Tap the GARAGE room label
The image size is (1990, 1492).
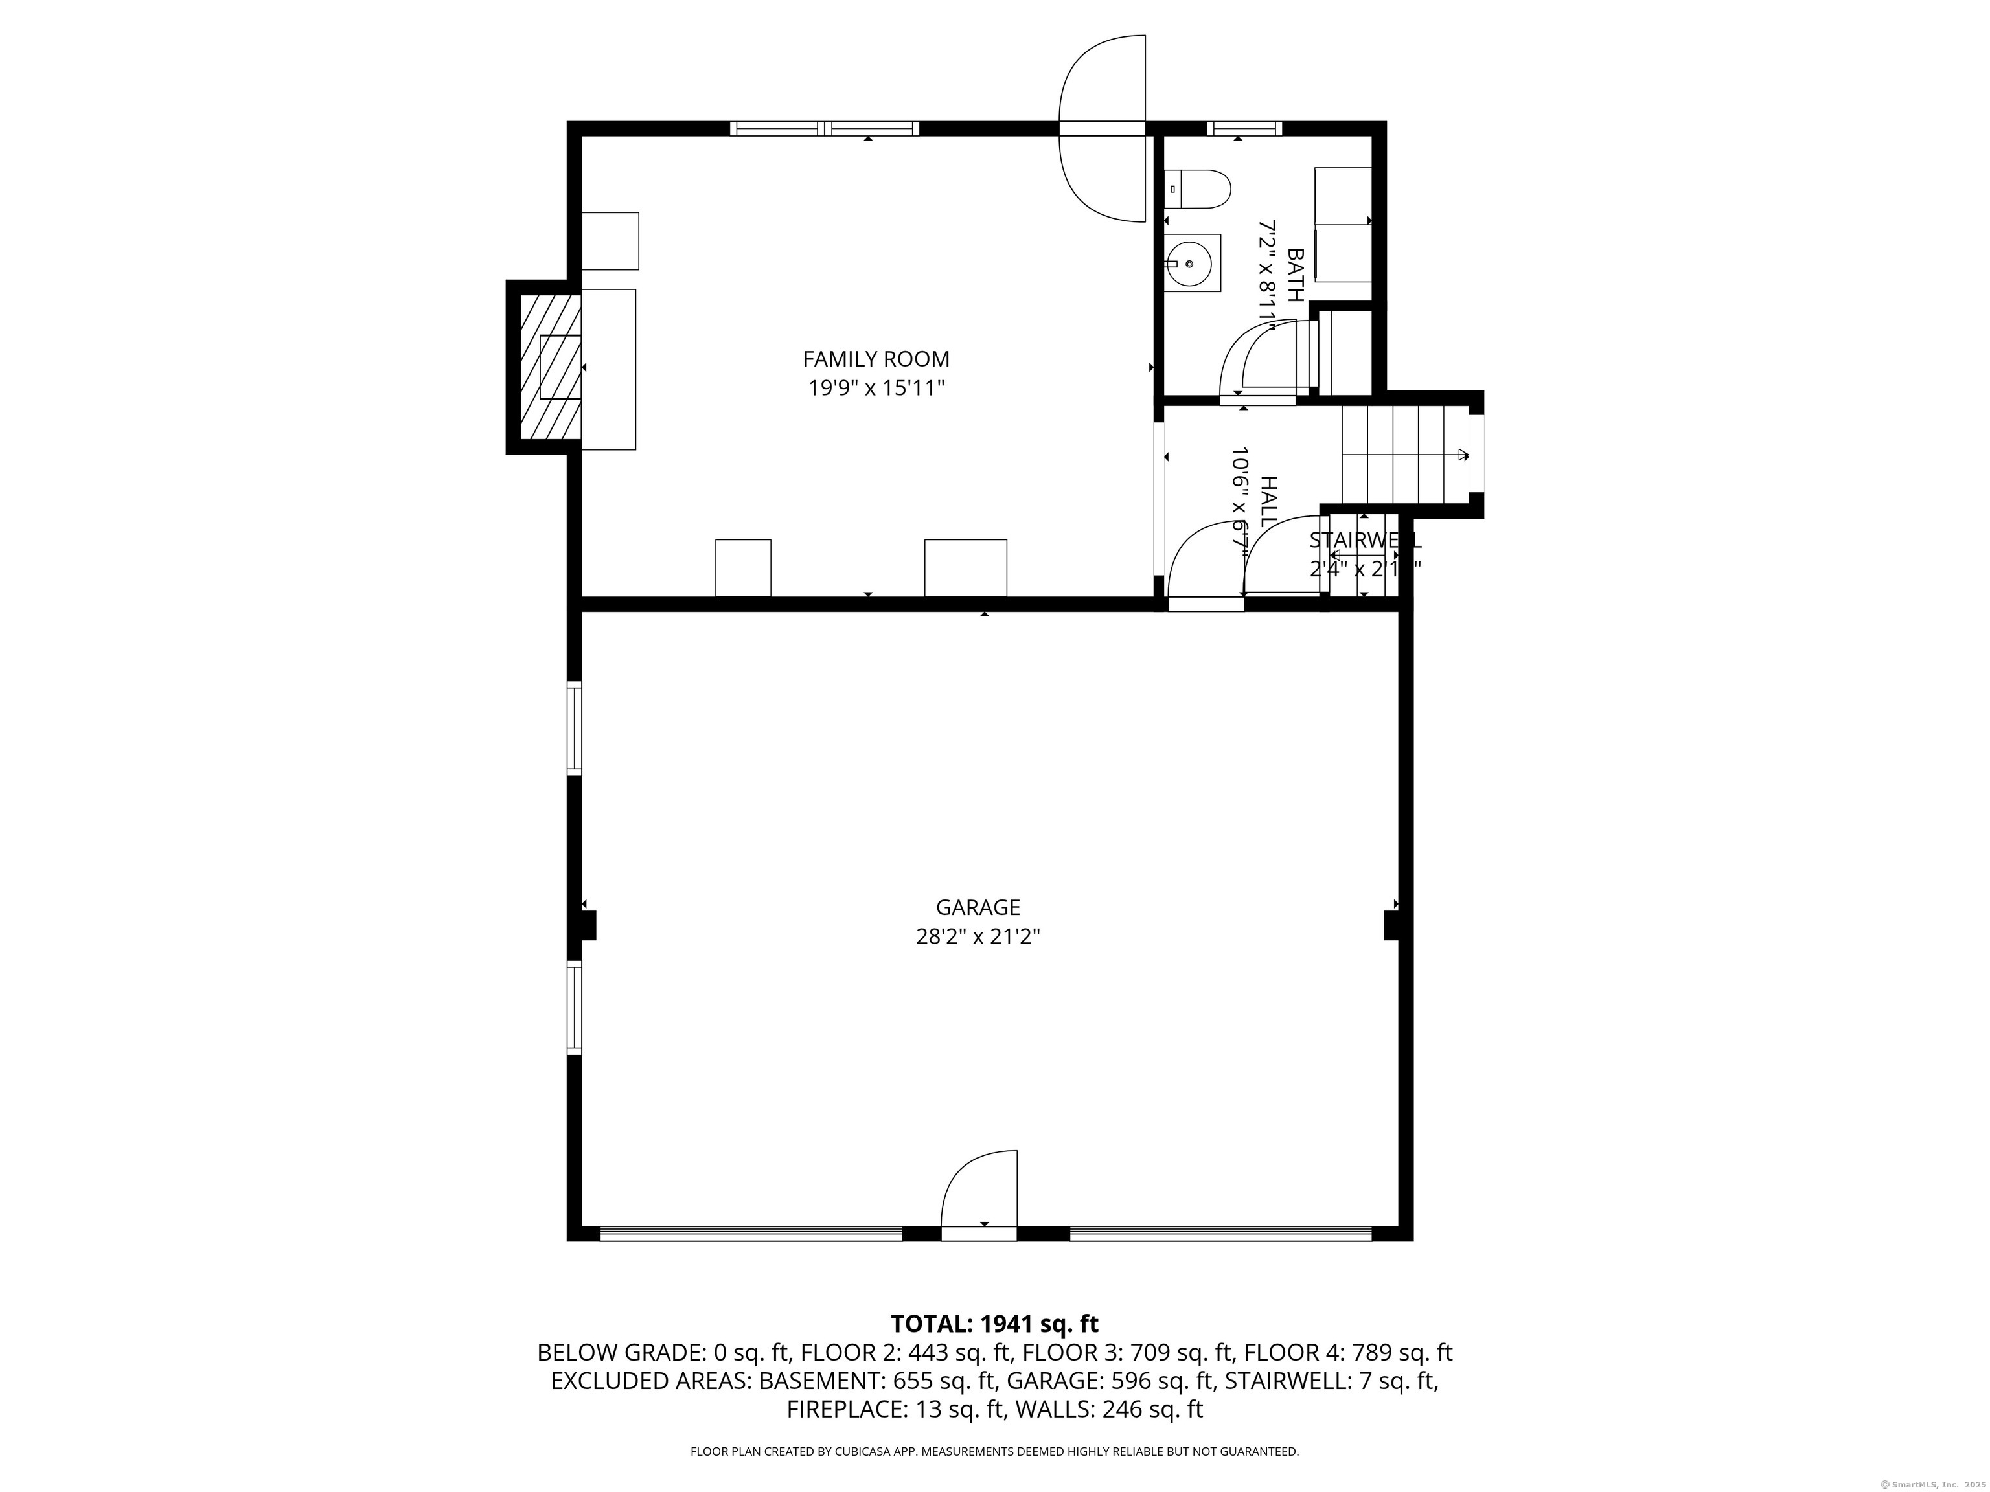point(978,907)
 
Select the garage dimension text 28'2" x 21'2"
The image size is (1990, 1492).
point(978,937)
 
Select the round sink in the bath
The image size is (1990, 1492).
point(1190,264)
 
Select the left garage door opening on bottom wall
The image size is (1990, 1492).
point(751,1233)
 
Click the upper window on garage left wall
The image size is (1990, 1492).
point(574,729)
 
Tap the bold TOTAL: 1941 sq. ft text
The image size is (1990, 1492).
point(994,1324)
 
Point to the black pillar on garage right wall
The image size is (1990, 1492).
point(1391,925)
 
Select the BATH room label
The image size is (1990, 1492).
point(1296,275)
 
